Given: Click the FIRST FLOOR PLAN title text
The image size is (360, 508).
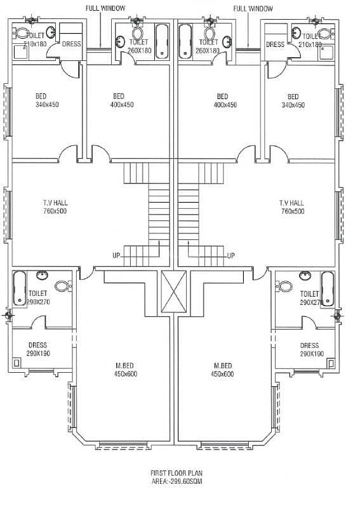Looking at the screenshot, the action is click(177, 473).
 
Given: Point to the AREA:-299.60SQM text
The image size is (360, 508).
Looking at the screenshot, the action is click(177, 481).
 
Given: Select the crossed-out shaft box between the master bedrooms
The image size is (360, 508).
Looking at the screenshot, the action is click(174, 291).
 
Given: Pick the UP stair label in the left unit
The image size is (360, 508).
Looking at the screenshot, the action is click(116, 256).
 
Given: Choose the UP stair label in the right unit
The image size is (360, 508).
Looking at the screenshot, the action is click(230, 256).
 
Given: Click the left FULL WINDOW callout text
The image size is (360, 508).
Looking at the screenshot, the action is click(105, 8).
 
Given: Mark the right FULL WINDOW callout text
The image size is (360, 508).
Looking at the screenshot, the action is click(253, 8).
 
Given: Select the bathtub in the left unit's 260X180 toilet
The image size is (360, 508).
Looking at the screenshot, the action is click(162, 41).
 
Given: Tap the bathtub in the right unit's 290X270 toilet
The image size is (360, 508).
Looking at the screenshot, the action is click(327, 289).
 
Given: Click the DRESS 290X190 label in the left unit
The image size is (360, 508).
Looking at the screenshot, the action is click(38, 349).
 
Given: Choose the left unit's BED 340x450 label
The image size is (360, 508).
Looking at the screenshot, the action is click(48, 100).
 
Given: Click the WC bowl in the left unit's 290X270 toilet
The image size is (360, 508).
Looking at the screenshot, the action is click(62, 286).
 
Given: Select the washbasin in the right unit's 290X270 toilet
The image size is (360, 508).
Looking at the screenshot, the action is click(305, 276).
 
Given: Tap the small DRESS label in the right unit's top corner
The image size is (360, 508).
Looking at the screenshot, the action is click(275, 44).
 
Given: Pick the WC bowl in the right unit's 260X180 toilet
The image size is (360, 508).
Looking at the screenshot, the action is click(210, 32).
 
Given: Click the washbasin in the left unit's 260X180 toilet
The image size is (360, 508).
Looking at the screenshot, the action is click(120, 41).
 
